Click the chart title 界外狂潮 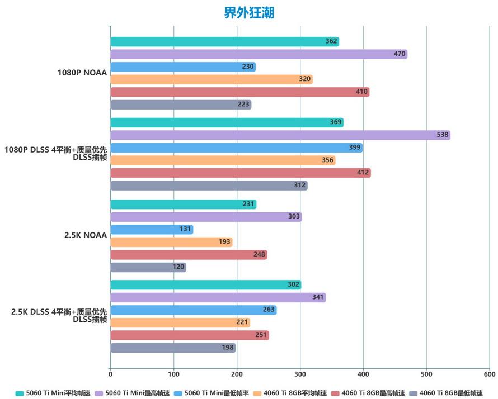pos(249,12)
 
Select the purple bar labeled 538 pos(280,135)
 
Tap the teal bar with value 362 pos(224,41)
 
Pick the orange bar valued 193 pos(171,242)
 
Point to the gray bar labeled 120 pos(148,267)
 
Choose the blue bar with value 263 pos(193,310)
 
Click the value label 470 pos(400,54)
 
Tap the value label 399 pos(355,148)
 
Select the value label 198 pos(228,348)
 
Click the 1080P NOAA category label pos(82,73)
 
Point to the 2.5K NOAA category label pos(85,235)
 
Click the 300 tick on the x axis pos(300,374)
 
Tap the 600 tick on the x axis pos(490,374)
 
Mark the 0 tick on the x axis pos(110,374)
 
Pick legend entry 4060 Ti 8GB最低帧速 pos(451,393)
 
